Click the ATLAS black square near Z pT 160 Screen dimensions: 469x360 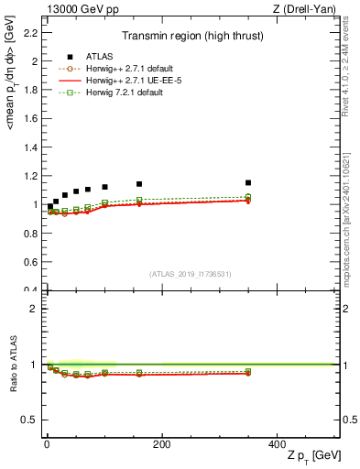click(139, 184)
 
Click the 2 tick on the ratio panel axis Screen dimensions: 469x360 click(35, 309)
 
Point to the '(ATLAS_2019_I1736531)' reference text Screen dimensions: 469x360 click(191, 274)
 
